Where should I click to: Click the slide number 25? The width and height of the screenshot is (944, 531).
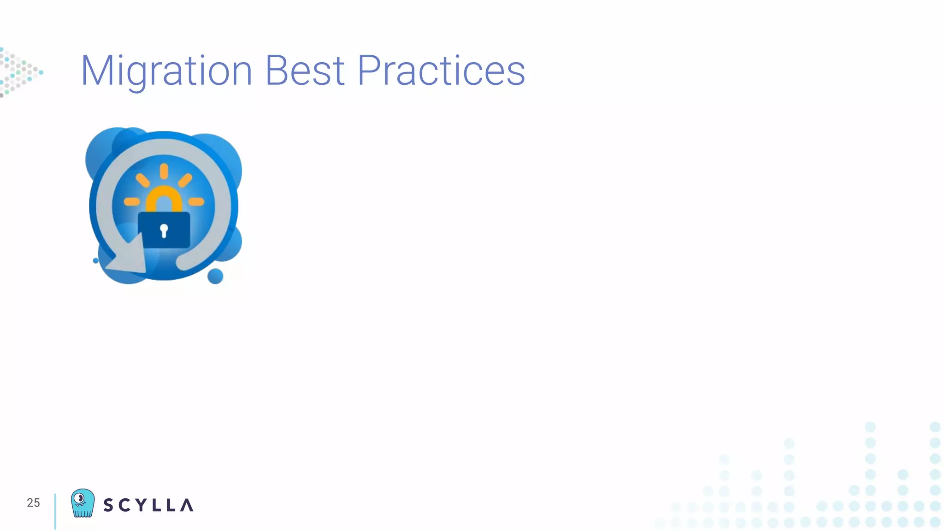pyautogui.click(x=33, y=502)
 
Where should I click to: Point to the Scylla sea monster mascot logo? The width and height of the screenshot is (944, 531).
pyautogui.click(x=83, y=503)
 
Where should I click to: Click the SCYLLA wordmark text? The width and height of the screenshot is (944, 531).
pyautogui.click(x=148, y=505)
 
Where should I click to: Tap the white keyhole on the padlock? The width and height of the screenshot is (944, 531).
pyautogui.click(x=164, y=230)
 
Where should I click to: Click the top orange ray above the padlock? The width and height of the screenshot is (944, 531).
pyautogui.click(x=164, y=171)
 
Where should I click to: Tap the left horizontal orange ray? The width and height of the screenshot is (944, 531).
pyautogui.click(x=132, y=201)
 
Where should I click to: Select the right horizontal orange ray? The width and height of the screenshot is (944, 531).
pyautogui.click(x=196, y=201)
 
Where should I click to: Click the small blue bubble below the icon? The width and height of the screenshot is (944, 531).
pyautogui.click(x=215, y=276)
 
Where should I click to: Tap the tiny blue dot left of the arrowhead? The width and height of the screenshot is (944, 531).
pyautogui.click(x=96, y=260)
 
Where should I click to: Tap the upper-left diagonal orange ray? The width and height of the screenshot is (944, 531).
pyautogui.click(x=143, y=180)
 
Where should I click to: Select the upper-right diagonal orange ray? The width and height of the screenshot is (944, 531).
pyautogui.click(x=185, y=180)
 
